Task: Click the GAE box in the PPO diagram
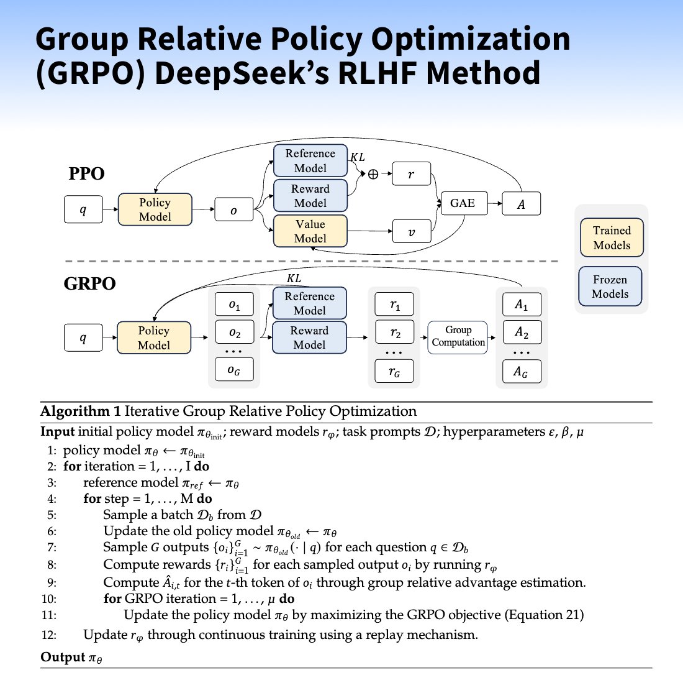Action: point(463,203)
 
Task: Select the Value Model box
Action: point(310,231)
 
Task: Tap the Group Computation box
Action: point(458,337)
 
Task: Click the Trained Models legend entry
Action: point(612,237)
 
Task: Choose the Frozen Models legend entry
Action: point(610,287)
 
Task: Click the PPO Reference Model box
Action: point(310,161)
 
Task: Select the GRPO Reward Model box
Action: point(309,338)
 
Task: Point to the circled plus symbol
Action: point(373,175)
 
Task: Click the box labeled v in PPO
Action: point(411,232)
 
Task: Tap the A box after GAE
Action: point(521,204)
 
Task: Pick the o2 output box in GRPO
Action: point(234,333)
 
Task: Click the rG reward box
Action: point(394,372)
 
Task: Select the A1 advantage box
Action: point(521,305)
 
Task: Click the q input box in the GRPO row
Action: point(83,338)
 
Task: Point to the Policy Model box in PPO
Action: point(155,209)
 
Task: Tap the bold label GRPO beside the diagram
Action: point(89,283)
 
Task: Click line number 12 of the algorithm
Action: point(49,635)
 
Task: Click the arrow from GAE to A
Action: point(495,203)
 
